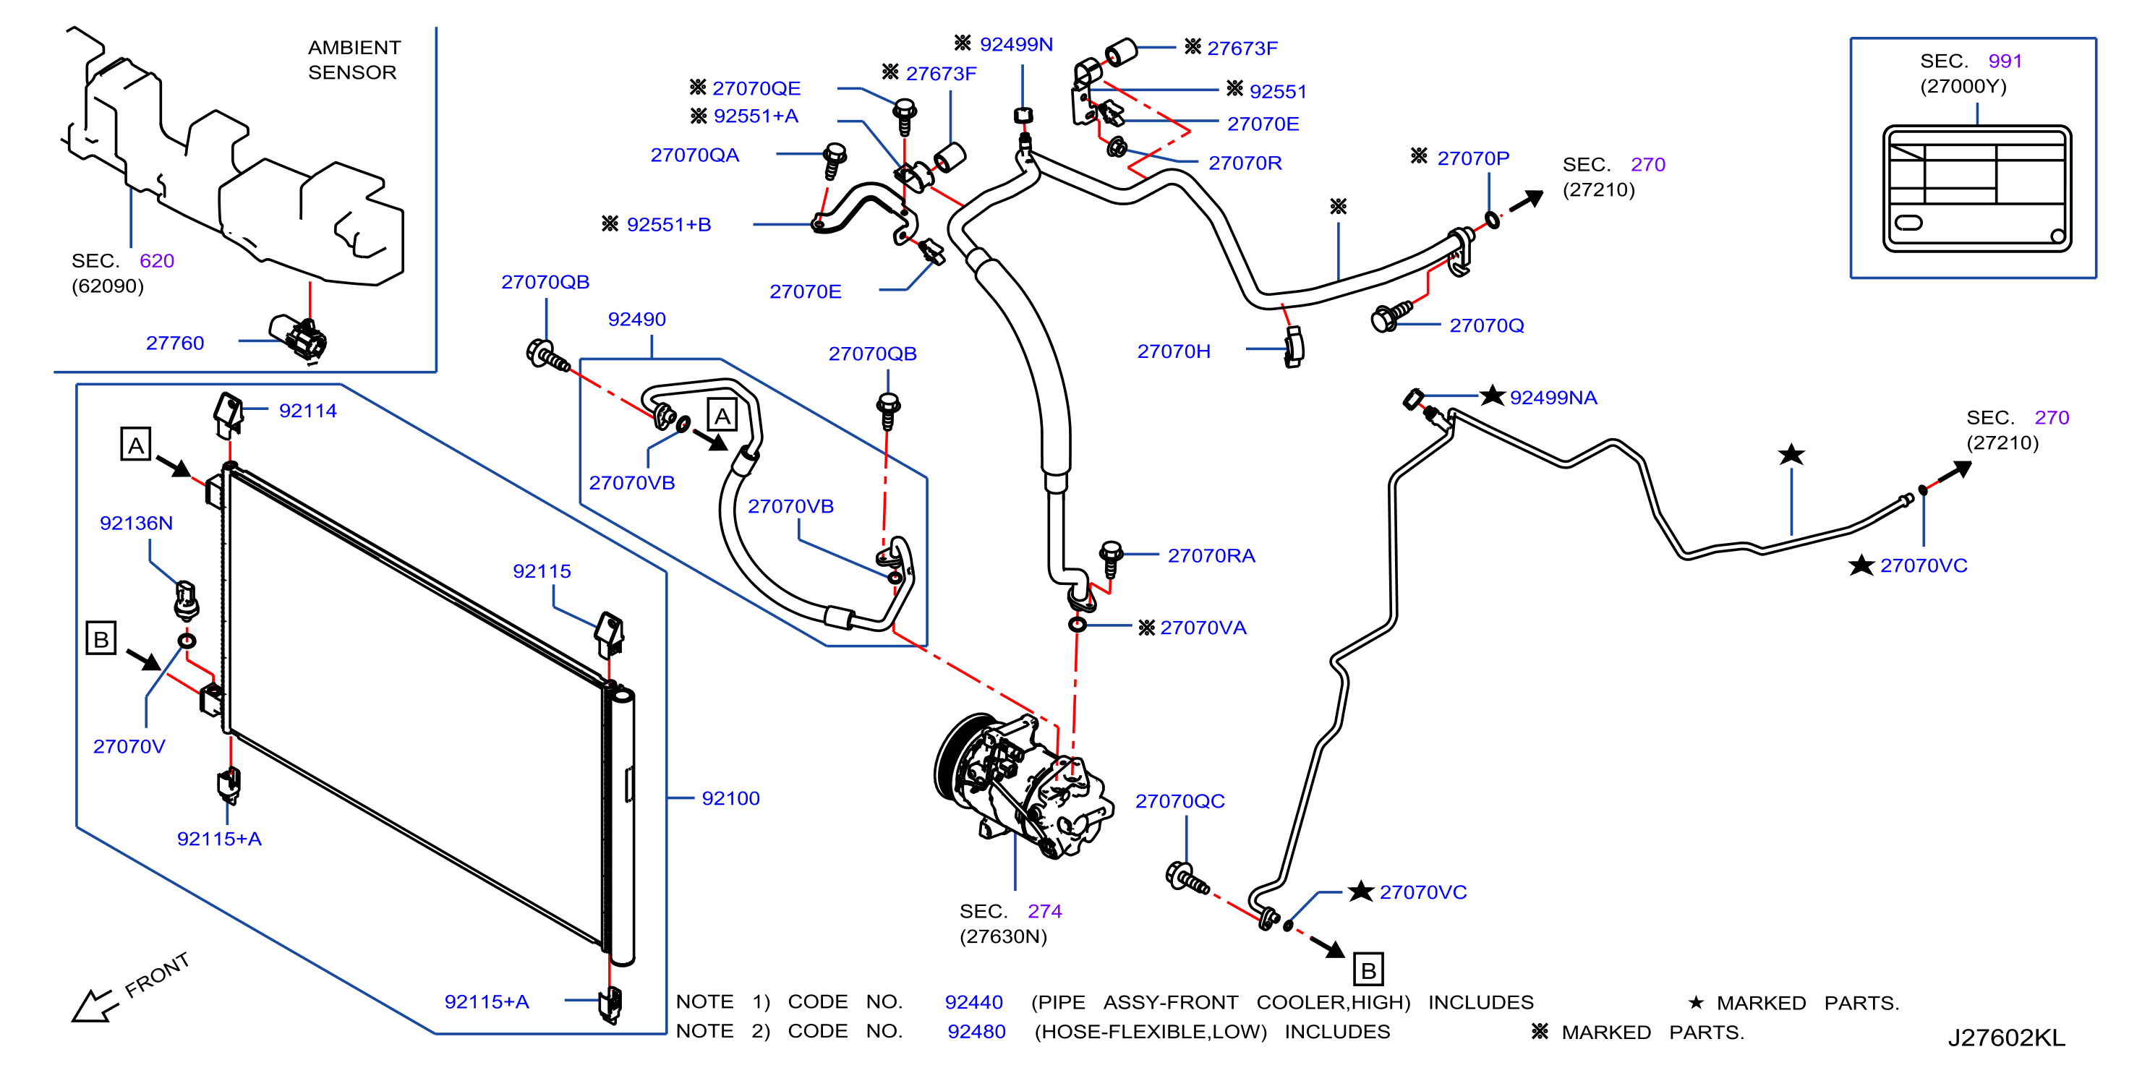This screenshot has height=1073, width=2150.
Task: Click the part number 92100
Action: [x=730, y=798]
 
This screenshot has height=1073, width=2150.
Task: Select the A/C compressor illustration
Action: [x=1023, y=785]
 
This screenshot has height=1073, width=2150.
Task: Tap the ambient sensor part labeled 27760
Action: [x=299, y=337]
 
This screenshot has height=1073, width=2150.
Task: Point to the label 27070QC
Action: [x=1179, y=801]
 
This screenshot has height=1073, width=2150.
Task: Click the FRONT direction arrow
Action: [x=93, y=1004]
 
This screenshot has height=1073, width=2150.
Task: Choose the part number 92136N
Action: [x=136, y=523]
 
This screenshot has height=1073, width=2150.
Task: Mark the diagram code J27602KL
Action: [x=2006, y=1038]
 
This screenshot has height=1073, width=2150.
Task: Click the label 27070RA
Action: [x=1211, y=556]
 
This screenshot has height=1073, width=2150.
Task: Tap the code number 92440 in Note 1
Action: [x=973, y=1002]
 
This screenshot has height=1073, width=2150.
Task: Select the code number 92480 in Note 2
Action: [x=976, y=1032]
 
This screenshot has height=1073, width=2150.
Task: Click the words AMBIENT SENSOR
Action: [x=354, y=60]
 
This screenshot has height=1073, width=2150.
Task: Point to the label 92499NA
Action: [x=1553, y=398]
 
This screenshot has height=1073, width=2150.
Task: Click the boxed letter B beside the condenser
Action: [x=101, y=639]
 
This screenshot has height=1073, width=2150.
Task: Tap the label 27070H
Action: [x=1174, y=351]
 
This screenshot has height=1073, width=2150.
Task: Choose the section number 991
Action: [x=2005, y=61]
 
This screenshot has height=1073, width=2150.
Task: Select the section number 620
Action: [x=157, y=261]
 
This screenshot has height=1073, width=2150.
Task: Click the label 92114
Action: [x=307, y=411]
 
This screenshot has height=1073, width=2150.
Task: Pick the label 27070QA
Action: [x=694, y=155]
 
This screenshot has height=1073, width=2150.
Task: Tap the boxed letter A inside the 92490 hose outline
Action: [x=722, y=416]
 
